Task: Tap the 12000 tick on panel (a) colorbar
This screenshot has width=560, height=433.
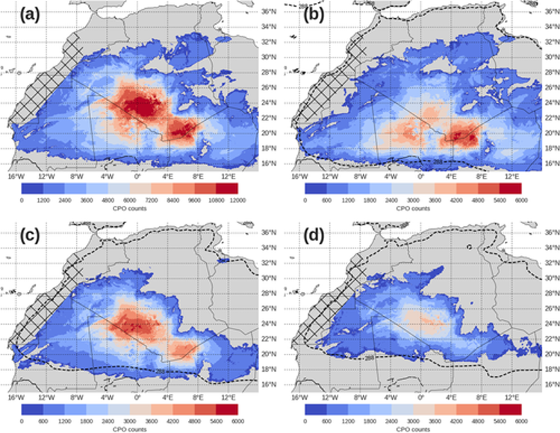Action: tap(237, 200)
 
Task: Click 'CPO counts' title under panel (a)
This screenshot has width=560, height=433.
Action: tap(130, 209)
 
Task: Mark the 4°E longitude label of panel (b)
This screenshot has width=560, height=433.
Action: tap(451, 176)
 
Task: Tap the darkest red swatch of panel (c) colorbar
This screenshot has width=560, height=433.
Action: tap(227, 410)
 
